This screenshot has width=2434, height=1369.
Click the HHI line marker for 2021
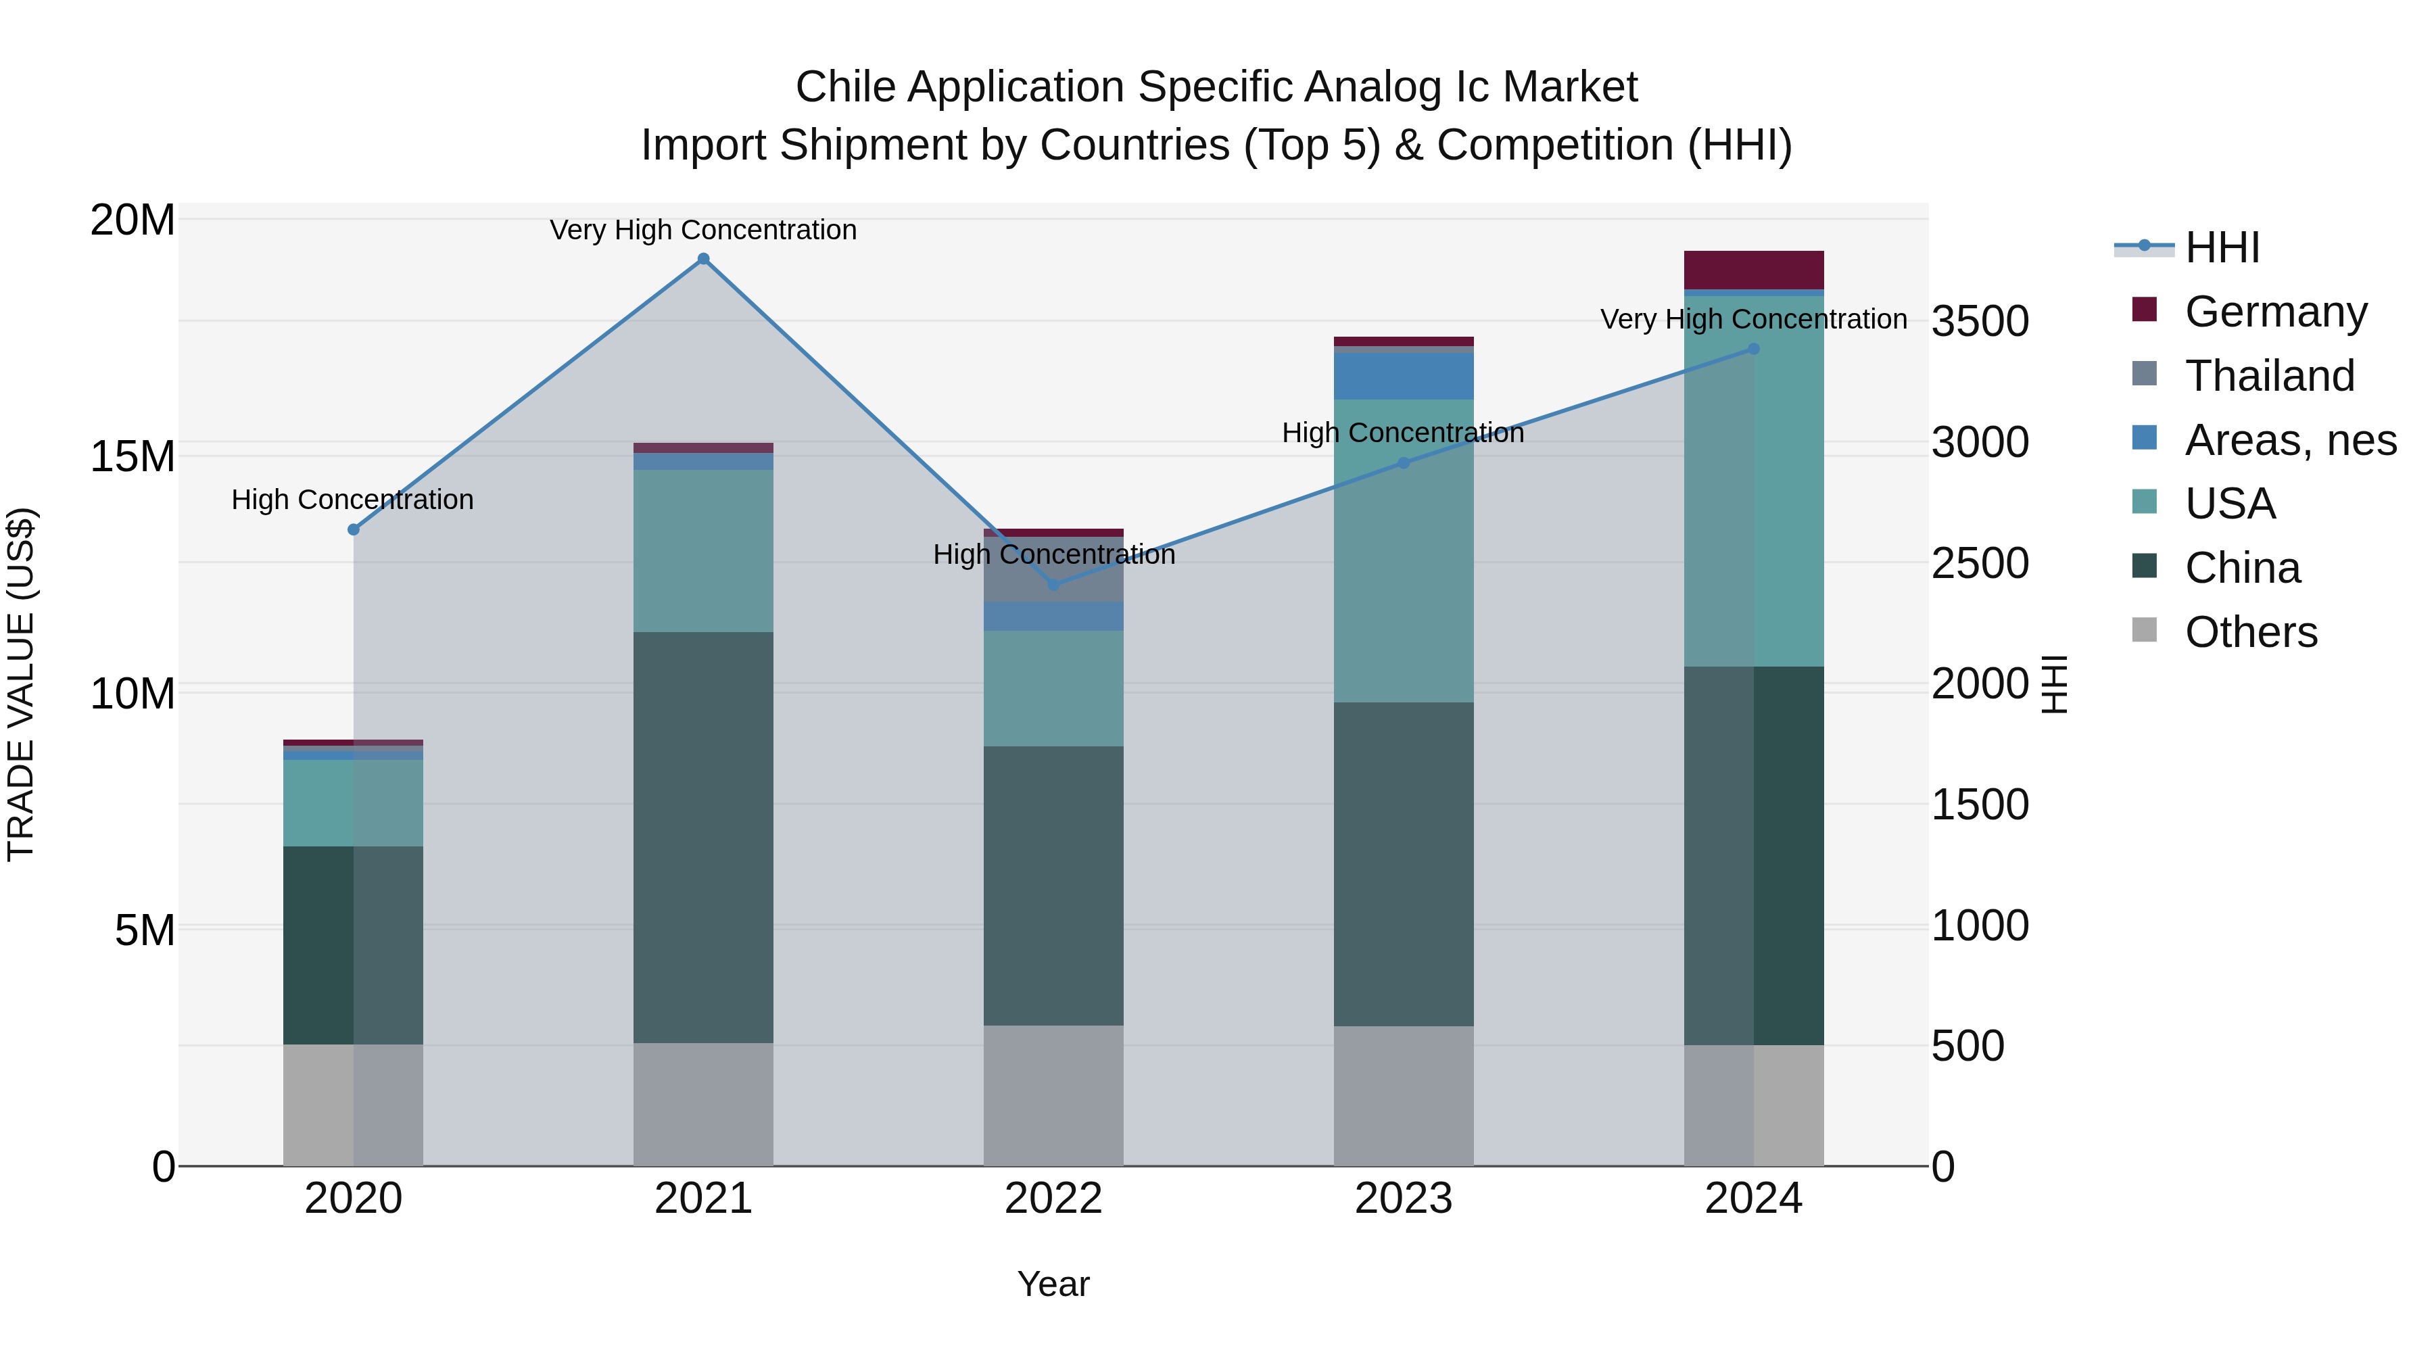(x=703, y=259)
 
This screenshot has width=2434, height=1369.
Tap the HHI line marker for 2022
(x=1053, y=585)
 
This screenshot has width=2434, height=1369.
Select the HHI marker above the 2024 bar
(x=1754, y=349)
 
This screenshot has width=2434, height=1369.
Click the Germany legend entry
(x=2275, y=312)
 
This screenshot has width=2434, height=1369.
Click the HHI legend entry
(x=2222, y=247)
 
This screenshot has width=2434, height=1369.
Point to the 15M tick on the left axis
(x=133, y=456)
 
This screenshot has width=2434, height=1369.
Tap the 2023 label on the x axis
(x=1403, y=1199)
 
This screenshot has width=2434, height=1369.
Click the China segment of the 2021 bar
(x=703, y=836)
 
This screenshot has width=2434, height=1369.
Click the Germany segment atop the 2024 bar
(x=1754, y=270)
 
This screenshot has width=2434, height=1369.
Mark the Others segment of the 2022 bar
(x=1053, y=1096)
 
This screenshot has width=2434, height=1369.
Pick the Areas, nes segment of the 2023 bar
(x=1403, y=376)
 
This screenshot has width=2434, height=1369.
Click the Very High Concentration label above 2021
(x=703, y=230)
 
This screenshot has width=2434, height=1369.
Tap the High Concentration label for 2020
(x=352, y=500)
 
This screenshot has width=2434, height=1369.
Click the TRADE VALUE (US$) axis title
(x=21, y=684)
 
